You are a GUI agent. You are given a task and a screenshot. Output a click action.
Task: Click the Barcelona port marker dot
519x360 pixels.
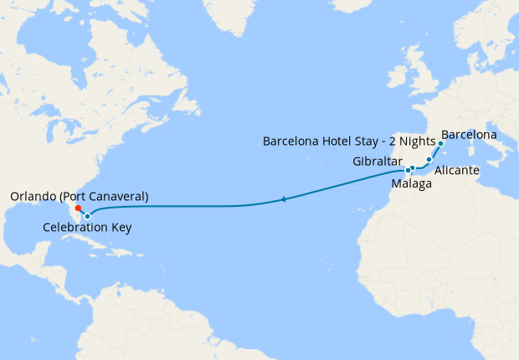coord(439,144)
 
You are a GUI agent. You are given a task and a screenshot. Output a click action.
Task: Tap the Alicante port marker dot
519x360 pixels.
coord(429,159)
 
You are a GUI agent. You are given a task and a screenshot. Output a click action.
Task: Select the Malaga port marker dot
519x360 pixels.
coord(413,168)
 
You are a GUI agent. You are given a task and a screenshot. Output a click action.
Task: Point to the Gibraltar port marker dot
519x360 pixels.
coord(408,170)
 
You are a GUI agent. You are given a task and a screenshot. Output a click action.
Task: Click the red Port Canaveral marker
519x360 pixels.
coord(77,208)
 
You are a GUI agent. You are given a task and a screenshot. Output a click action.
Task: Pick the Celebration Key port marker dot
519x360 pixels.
coord(87,216)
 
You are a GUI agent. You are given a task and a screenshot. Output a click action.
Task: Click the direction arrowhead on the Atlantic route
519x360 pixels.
coord(285,199)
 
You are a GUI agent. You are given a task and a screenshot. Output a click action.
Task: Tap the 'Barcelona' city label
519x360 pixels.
coord(469,134)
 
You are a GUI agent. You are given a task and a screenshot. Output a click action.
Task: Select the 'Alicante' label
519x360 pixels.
coord(457,170)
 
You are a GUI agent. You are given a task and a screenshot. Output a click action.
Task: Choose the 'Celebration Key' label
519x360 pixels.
coord(87,228)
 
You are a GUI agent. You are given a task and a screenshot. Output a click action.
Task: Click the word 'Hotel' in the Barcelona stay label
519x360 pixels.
coord(338,141)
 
